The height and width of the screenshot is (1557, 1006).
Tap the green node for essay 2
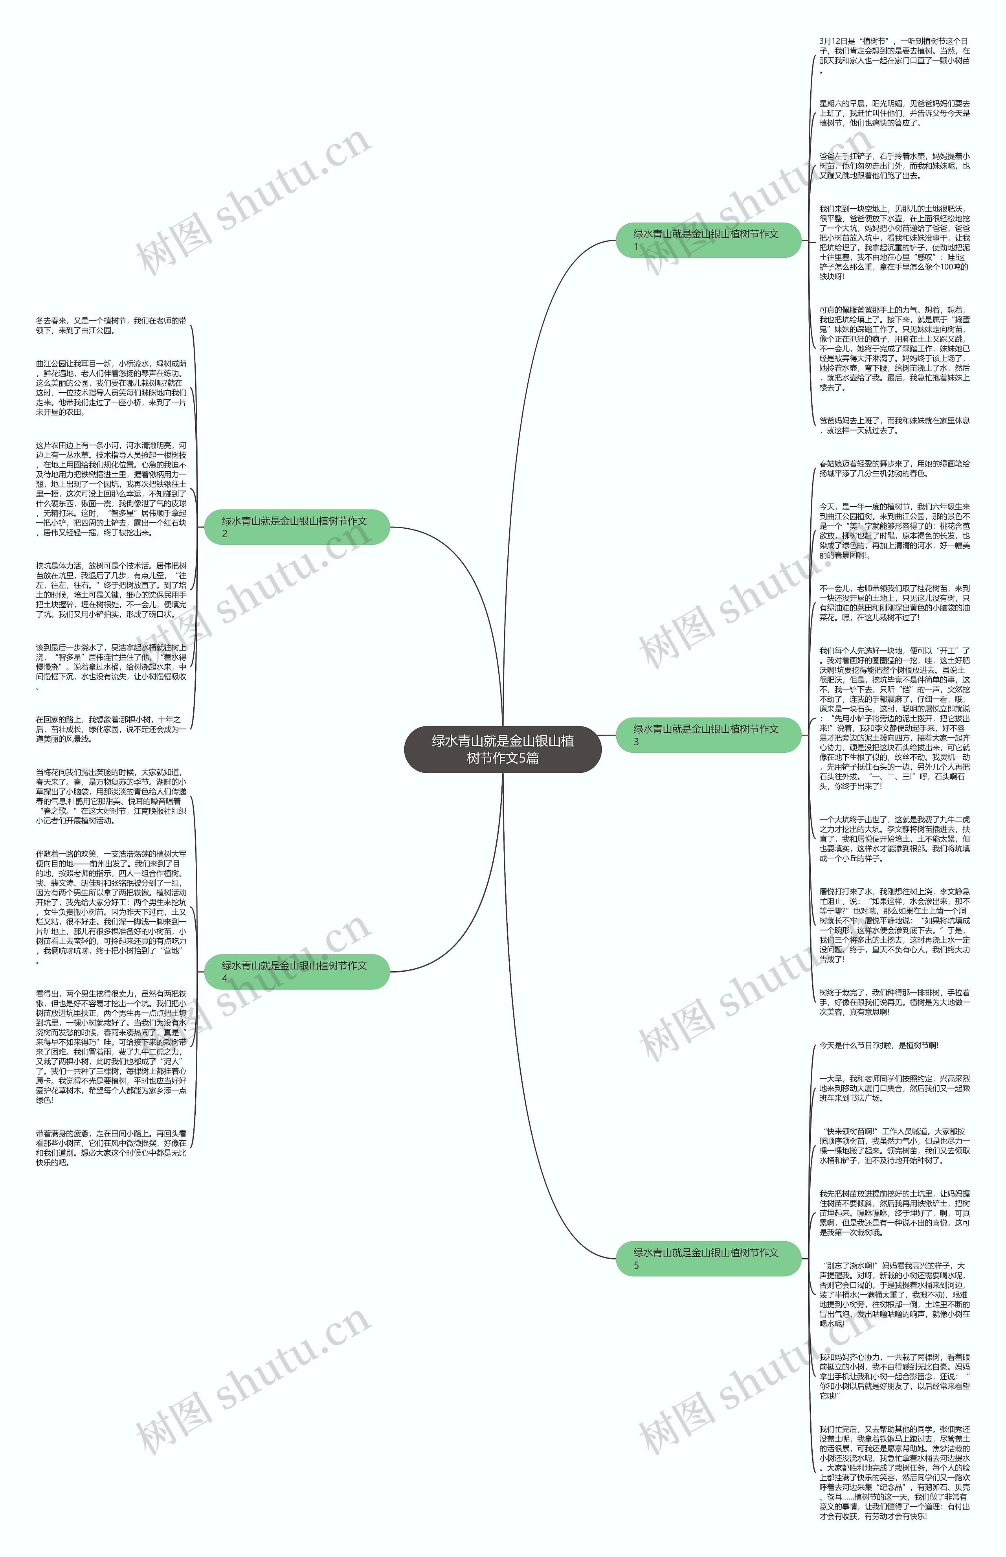pyautogui.click(x=297, y=527)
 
